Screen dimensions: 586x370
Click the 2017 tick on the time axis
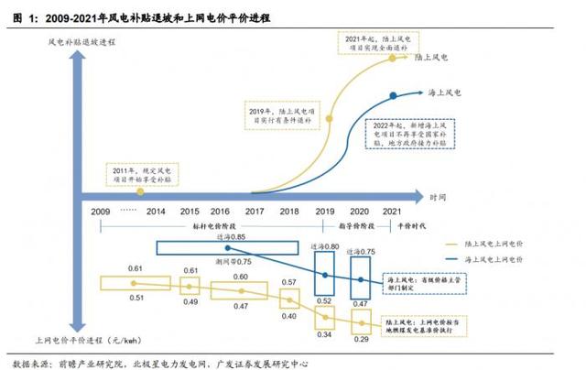pyautogui.click(x=255, y=212)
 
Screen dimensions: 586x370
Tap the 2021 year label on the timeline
pyautogui.click(x=391, y=212)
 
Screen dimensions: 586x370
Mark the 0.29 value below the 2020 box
pyautogui.click(x=362, y=341)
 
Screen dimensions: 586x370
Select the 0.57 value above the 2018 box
pyautogui.click(x=288, y=282)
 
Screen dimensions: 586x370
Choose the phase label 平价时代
pyautogui.click(x=391, y=224)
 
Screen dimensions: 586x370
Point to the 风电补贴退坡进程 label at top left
pyautogui.click(x=83, y=42)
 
